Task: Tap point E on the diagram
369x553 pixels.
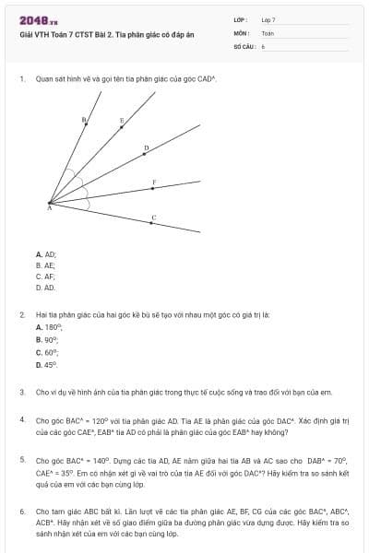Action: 123,127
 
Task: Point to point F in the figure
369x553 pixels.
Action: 153,188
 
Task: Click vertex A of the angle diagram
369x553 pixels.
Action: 50,204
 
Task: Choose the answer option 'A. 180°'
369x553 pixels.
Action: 49,327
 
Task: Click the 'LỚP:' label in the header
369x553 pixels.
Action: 241,18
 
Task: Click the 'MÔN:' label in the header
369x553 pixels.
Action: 241,31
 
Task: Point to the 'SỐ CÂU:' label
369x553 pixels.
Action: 244,45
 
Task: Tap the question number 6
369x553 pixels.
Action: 22,511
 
